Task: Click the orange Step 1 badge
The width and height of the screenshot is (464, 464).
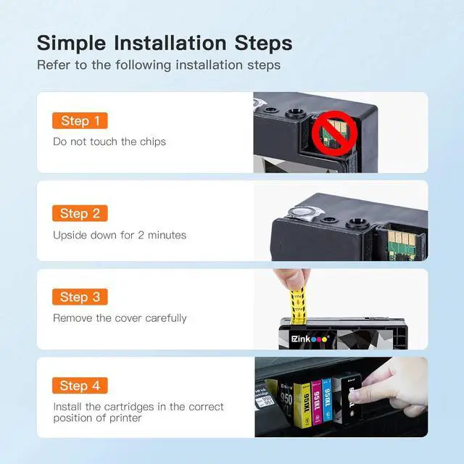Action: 80,121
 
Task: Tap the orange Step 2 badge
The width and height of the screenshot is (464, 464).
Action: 80,213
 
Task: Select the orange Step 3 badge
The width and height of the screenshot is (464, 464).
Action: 80,297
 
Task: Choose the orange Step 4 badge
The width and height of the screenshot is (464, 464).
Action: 80,386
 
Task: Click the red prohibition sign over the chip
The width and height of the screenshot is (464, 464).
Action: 335,133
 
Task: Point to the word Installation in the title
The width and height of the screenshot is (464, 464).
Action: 170,43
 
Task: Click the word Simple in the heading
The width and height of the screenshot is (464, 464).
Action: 71,43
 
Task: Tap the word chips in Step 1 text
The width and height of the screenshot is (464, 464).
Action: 153,142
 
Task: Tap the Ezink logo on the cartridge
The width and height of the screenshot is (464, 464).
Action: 310,339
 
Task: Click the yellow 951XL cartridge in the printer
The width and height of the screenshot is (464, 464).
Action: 302,405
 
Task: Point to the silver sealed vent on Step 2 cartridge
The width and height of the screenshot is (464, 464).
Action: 301,212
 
